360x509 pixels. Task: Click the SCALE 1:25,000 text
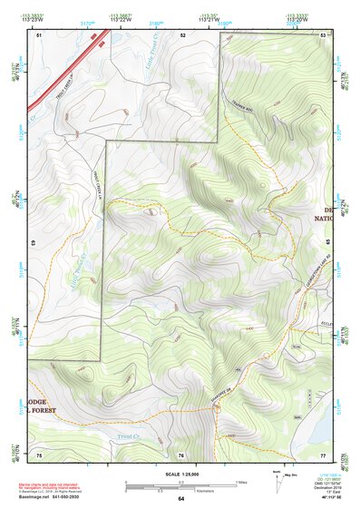(x=180, y=472)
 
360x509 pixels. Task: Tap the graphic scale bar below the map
(x=180, y=485)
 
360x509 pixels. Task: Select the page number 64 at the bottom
(x=180, y=498)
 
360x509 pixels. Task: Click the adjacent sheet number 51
(x=39, y=34)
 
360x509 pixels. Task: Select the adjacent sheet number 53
(x=323, y=34)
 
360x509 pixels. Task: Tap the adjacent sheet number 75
(x=39, y=454)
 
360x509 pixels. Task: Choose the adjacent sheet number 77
(x=323, y=454)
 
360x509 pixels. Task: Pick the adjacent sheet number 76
(x=181, y=454)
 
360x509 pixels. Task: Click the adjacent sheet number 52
(x=182, y=34)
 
